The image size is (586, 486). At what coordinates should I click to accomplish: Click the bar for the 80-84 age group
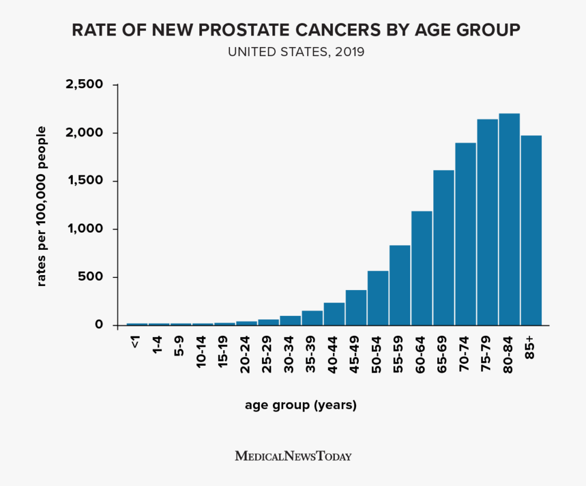[509, 220]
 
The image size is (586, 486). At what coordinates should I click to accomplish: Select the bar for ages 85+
[530, 230]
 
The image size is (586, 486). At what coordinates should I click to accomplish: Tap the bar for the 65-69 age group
[444, 248]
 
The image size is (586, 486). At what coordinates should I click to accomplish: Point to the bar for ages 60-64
[422, 268]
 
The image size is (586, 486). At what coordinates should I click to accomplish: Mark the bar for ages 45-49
[356, 308]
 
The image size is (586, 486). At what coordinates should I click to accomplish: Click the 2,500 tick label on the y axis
[86, 85]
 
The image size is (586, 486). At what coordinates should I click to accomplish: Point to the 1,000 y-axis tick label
[86, 229]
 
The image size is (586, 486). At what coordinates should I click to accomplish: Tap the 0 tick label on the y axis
[98, 325]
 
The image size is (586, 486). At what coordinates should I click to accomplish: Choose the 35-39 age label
[311, 352]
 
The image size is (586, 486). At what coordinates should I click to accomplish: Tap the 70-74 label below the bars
[464, 352]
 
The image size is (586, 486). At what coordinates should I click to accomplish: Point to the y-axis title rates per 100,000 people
[42, 206]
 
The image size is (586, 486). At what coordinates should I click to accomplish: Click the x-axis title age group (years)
[301, 405]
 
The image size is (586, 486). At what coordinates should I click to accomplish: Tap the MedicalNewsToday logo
[293, 456]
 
